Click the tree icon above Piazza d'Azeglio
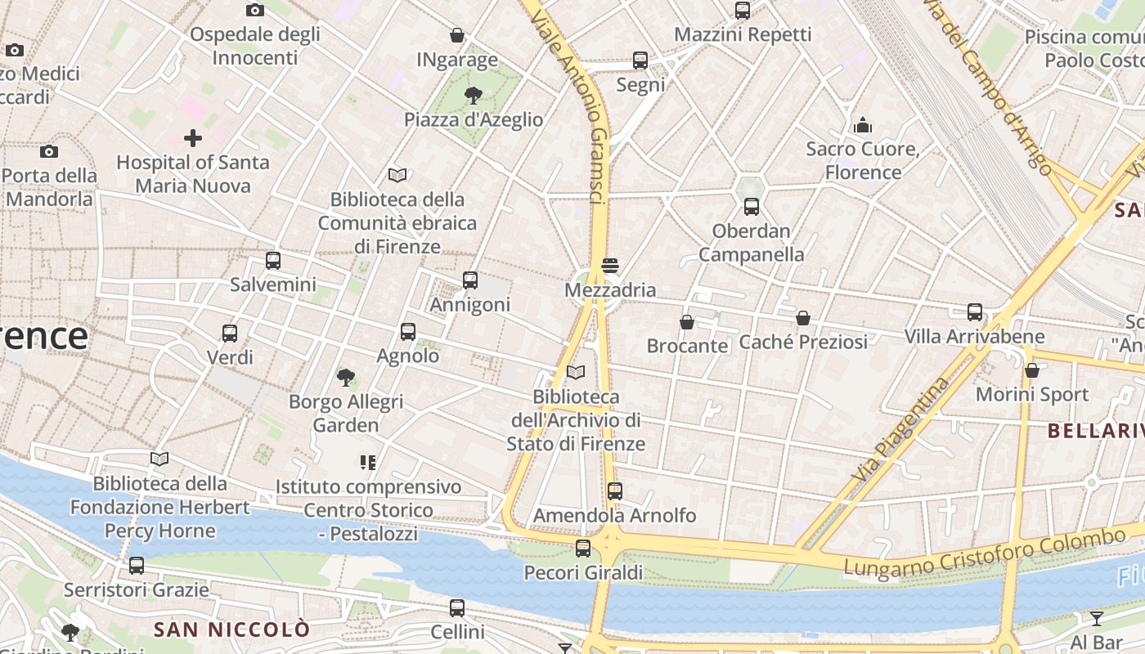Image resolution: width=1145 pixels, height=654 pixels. (x=473, y=96)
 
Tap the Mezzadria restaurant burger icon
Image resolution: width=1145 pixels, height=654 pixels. (x=609, y=266)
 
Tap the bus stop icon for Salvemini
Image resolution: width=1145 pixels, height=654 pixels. (x=273, y=261)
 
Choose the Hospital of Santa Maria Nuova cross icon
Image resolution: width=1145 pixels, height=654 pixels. (x=193, y=138)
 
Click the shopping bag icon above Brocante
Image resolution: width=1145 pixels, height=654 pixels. (x=687, y=322)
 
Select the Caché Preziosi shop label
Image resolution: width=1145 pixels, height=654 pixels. (x=803, y=342)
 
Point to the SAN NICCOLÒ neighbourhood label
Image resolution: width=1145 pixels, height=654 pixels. (x=232, y=629)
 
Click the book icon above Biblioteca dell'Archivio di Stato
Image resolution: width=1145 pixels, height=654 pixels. (x=576, y=373)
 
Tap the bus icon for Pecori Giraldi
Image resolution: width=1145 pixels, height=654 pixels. (x=583, y=549)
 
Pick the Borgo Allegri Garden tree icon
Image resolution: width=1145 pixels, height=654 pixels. (x=346, y=378)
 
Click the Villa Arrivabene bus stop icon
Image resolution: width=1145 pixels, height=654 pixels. (x=974, y=312)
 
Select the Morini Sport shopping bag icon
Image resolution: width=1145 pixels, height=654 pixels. (x=1032, y=370)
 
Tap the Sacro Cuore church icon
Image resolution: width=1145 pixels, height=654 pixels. (x=863, y=125)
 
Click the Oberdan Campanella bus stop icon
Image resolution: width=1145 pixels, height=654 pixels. (x=751, y=207)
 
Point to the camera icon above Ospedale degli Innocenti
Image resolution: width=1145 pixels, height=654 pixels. (x=255, y=11)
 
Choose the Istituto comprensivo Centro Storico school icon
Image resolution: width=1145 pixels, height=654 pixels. (x=368, y=463)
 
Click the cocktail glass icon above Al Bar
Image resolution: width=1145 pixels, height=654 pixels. (x=1096, y=618)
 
